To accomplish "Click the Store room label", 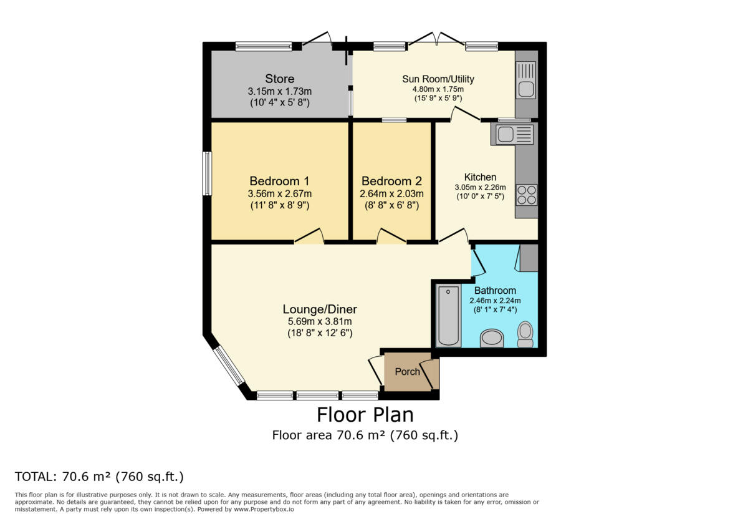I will [279, 79].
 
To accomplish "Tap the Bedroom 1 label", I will [279, 181].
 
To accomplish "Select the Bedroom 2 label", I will [391, 181].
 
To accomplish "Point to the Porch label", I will [408, 372].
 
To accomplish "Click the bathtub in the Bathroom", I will [448, 315].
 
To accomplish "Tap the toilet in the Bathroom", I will [526, 334].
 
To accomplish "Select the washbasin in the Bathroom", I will [492, 338].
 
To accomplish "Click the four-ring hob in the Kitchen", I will [527, 195].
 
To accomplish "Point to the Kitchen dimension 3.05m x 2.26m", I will [480, 187].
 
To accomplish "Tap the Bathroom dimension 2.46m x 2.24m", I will [495, 300].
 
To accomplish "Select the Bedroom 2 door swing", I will [391, 236].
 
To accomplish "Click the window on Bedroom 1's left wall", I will [207, 174].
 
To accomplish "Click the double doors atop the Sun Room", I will [436, 41].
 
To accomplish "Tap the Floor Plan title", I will [365, 414].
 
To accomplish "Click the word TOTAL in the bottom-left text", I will [36, 477].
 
